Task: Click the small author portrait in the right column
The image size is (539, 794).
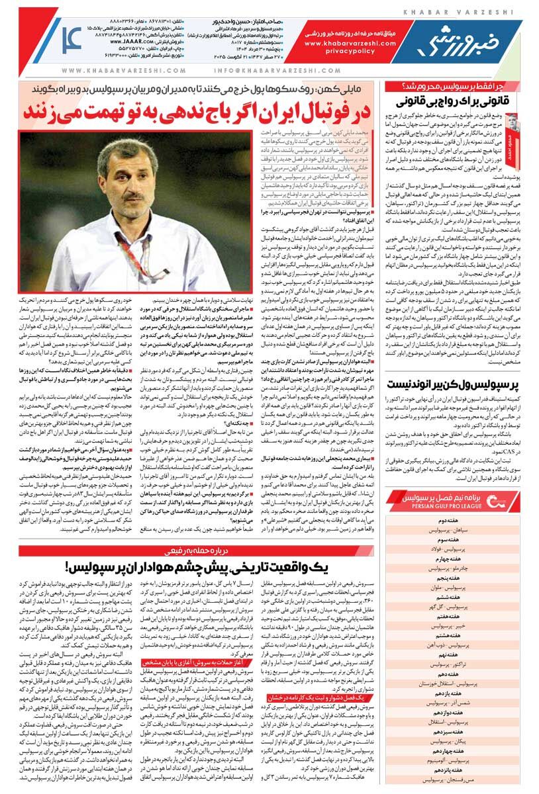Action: point(518,126)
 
